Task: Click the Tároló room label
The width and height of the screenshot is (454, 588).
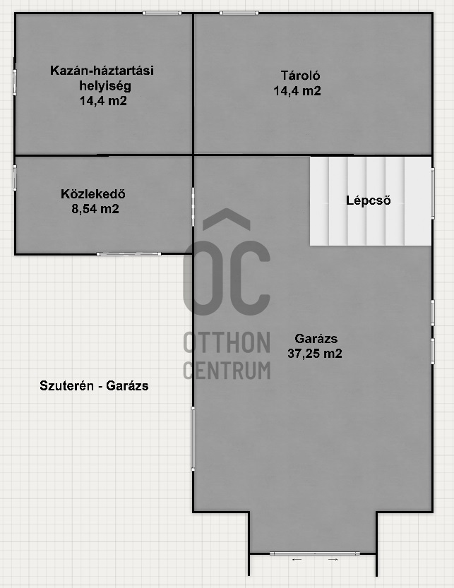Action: point(301,76)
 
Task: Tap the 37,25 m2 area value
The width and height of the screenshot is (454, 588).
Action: point(315,354)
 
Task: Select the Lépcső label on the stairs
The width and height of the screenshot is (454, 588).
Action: point(368,200)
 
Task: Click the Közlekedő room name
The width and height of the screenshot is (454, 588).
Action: point(93,194)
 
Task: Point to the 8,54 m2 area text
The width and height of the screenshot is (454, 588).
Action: point(95,209)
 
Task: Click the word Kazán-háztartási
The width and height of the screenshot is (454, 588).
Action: point(102,71)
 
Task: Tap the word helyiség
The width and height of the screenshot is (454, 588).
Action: point(105,86)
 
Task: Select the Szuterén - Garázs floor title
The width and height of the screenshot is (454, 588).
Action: point(94,386)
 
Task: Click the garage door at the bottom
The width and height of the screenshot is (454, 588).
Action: point(314,553)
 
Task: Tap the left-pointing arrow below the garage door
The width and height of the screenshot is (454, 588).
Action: point(297,560)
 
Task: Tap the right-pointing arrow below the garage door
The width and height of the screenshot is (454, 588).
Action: point(333,560)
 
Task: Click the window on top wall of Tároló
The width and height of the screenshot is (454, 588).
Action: point(239,13)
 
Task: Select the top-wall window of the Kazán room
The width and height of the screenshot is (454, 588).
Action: point(162,13)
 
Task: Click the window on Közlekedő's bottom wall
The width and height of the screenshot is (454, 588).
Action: point(129,254)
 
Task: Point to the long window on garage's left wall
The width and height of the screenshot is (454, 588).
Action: point(193,439)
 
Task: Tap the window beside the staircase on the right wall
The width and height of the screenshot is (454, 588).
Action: point(433,193)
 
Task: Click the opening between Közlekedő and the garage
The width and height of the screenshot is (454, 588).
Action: point(193,207)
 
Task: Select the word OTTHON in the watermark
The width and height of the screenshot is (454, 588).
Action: point(227,342)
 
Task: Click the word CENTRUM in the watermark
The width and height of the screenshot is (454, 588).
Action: point(227,370)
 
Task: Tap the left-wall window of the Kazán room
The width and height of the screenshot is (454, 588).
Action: point(15,82)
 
